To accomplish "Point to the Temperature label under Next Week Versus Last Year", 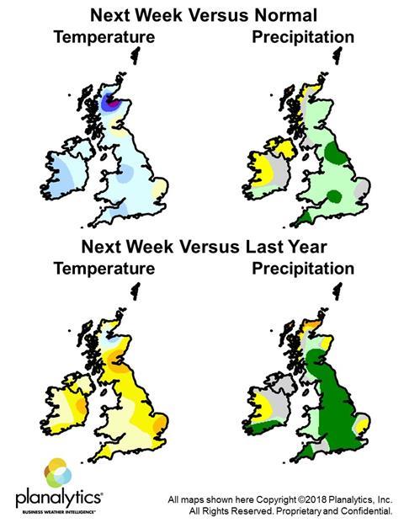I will click(104, 269).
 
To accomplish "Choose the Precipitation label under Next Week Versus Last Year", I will click(302, 269).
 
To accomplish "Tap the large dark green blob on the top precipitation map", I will click(334, 153).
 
